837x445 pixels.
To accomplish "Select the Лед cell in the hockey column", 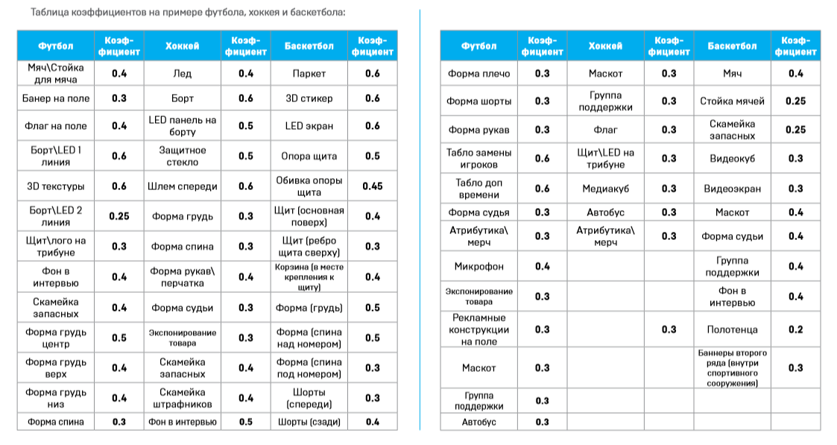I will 183,74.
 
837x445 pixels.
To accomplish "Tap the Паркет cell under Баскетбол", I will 309,74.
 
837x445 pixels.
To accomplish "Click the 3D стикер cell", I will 309,98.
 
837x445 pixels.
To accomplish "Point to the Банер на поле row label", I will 56,98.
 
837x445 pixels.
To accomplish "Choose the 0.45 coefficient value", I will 373,186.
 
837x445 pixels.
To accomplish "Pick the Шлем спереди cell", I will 183,186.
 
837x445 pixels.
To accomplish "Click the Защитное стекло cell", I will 183,156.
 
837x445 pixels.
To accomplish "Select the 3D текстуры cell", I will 56,186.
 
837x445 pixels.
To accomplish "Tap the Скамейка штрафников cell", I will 183,398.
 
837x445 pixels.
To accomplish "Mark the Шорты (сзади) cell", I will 309,422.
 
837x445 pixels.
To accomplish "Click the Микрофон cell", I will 479,266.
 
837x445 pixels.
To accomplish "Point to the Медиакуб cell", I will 605,189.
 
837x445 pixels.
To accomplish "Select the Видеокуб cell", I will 732,158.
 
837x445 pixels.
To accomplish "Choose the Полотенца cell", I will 732,329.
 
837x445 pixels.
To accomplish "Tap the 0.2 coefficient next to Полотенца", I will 795,329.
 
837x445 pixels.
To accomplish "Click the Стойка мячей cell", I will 732,101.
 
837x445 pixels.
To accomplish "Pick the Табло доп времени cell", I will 479,189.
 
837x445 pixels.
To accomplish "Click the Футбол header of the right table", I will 479,46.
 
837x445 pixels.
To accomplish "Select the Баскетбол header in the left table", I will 309,46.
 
